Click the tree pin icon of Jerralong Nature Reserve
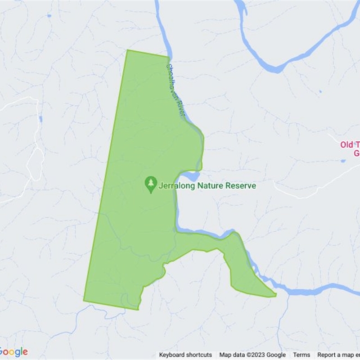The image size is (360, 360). (x=151, y=184)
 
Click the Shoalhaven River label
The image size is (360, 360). (x=175, y=90)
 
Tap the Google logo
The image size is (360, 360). (x=13, y=352)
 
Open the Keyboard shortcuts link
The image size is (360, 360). (x=185, y=355)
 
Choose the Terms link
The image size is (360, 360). (x=301, y=355)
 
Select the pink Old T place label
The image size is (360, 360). (x=350, y=145)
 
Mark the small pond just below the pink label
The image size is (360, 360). (x=343, y=161)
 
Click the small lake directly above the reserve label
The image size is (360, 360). (x=191, y=175)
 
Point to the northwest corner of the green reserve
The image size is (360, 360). (x=128, y=50)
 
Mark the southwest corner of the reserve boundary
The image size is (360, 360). (x=84, y=300)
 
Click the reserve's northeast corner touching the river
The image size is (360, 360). (x=168, y=57)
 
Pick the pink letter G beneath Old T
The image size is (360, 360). (x=357, y=153)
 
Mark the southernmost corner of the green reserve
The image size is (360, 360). (x=137, y=310)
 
